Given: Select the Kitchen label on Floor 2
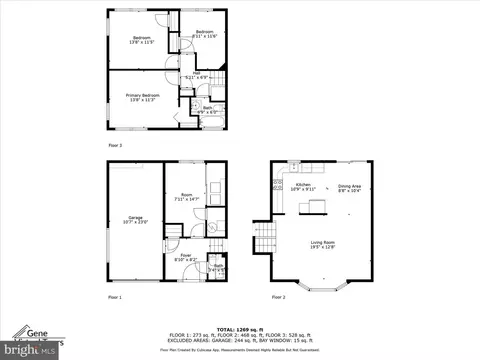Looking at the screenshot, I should pos(303,186).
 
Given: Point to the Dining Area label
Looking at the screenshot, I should pos(349,187).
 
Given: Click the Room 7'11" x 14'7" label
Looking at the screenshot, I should pos(186,197).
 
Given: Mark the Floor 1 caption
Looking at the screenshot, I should pos(116,297).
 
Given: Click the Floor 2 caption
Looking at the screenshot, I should pos(278,297).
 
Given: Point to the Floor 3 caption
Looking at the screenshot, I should pos(115,145).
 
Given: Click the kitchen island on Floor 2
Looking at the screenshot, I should pos(318,206).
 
